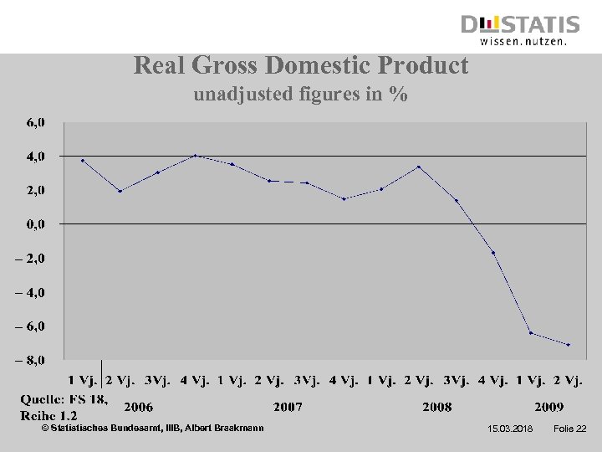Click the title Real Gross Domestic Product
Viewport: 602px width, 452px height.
point(301,65)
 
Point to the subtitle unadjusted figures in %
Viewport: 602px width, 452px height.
point(301,95)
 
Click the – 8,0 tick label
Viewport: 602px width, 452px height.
point(33,361)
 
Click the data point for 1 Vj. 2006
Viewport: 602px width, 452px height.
point(83,160)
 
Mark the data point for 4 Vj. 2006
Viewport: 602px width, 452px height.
point(195,155)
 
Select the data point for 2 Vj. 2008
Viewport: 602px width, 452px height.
point(419,167)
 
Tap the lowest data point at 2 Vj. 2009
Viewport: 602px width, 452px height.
point(569,345)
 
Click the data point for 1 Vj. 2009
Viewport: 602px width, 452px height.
point(531,332)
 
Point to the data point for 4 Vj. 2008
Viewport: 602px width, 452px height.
point(493,253)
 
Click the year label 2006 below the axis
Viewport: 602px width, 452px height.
point(139,408)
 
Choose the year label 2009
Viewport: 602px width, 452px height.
point(548,408)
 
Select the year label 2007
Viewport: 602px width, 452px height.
point(288,408)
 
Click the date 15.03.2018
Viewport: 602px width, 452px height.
point(509,429)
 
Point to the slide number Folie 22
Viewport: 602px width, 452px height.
point(569,429)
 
